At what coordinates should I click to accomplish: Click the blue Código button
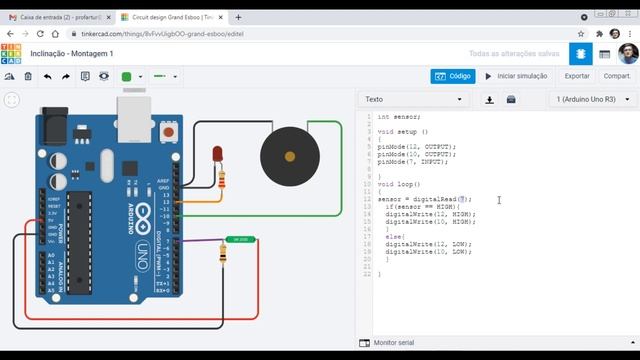pyautogui.click(x=453, y=75)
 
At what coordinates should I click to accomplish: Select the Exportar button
pyautogui.click(x=577, y=75)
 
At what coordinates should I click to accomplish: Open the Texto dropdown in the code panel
pyautogui.click(x=414, y=99)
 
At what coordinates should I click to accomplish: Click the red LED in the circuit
pyautogui.click(x=217, y=153)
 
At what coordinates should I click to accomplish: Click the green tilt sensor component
pyautogui.click(x=240, y=239)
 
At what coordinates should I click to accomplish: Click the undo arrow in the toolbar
pyautogui.click(x=47, y=76)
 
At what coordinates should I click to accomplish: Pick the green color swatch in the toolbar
pyautogui.click(x=127, y=76)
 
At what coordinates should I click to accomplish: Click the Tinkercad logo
pyautogui.click(x=13, y=53)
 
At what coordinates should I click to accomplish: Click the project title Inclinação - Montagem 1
pyautogui.click(x=71, y=53)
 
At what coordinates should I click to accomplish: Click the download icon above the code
pyautogui.click(x=489, y=99)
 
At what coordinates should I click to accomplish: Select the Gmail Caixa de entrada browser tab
pyautogui.click(x=55, y=17)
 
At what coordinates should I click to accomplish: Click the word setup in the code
pyautogui.click(x=407, y=131)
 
